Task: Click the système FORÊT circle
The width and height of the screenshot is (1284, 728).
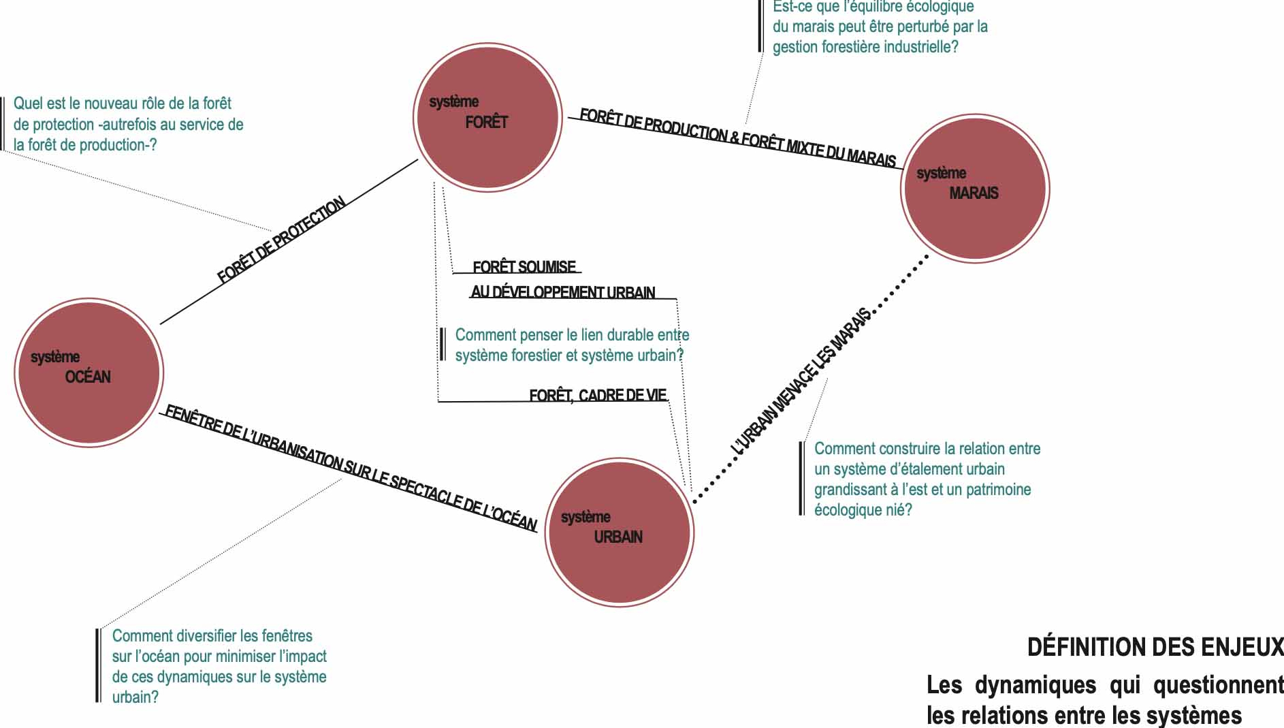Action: click(487, 117)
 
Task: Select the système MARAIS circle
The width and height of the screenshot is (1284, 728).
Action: click(975, 188)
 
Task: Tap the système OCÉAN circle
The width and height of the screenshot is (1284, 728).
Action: click(89, 373)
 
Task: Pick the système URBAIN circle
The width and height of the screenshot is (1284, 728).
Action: click(620, 532)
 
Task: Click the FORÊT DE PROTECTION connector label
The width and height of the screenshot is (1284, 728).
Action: click(281, 240)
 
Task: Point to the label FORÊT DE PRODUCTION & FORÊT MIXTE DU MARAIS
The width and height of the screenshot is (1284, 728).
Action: click(737, 138)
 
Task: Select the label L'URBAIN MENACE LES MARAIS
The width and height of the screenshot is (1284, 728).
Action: click(801, 381)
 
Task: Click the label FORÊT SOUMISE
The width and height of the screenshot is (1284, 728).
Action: click(524, 266)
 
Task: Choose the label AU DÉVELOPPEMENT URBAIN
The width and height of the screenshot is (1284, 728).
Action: click(563, 292)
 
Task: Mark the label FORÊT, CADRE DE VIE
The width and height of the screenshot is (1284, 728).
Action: click(598, 395)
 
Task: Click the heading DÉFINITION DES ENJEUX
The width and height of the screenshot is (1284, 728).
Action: click(1155, 647)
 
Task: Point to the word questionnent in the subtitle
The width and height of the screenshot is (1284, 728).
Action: click(1218, 685)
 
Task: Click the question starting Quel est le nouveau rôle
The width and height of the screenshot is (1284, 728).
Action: click(128, 124)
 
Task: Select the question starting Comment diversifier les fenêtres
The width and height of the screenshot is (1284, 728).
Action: click(219, 666)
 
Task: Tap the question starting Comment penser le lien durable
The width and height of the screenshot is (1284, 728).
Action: click(571, 345)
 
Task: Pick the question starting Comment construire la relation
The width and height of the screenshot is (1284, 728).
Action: click(927, 479)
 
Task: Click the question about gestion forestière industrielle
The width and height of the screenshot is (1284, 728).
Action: click(879, 27)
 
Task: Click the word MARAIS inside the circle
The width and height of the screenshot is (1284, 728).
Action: click(974, 193)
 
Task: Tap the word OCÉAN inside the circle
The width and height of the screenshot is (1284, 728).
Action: click(88, 377)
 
